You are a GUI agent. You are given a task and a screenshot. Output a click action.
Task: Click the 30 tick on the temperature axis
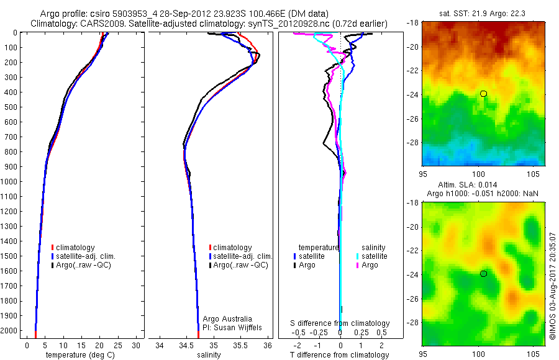point(136,345)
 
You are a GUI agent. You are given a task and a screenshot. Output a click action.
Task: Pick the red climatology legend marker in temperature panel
point(52,248)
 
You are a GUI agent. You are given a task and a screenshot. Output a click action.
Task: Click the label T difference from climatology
point(340,355)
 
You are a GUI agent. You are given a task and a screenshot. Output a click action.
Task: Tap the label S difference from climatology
point(340,323)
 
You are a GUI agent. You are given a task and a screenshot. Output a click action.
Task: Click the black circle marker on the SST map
point(483,94)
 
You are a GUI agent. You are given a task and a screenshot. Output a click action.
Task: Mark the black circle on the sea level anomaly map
point(483,274)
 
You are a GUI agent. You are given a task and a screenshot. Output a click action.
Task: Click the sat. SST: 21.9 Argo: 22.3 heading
point(483,14)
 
